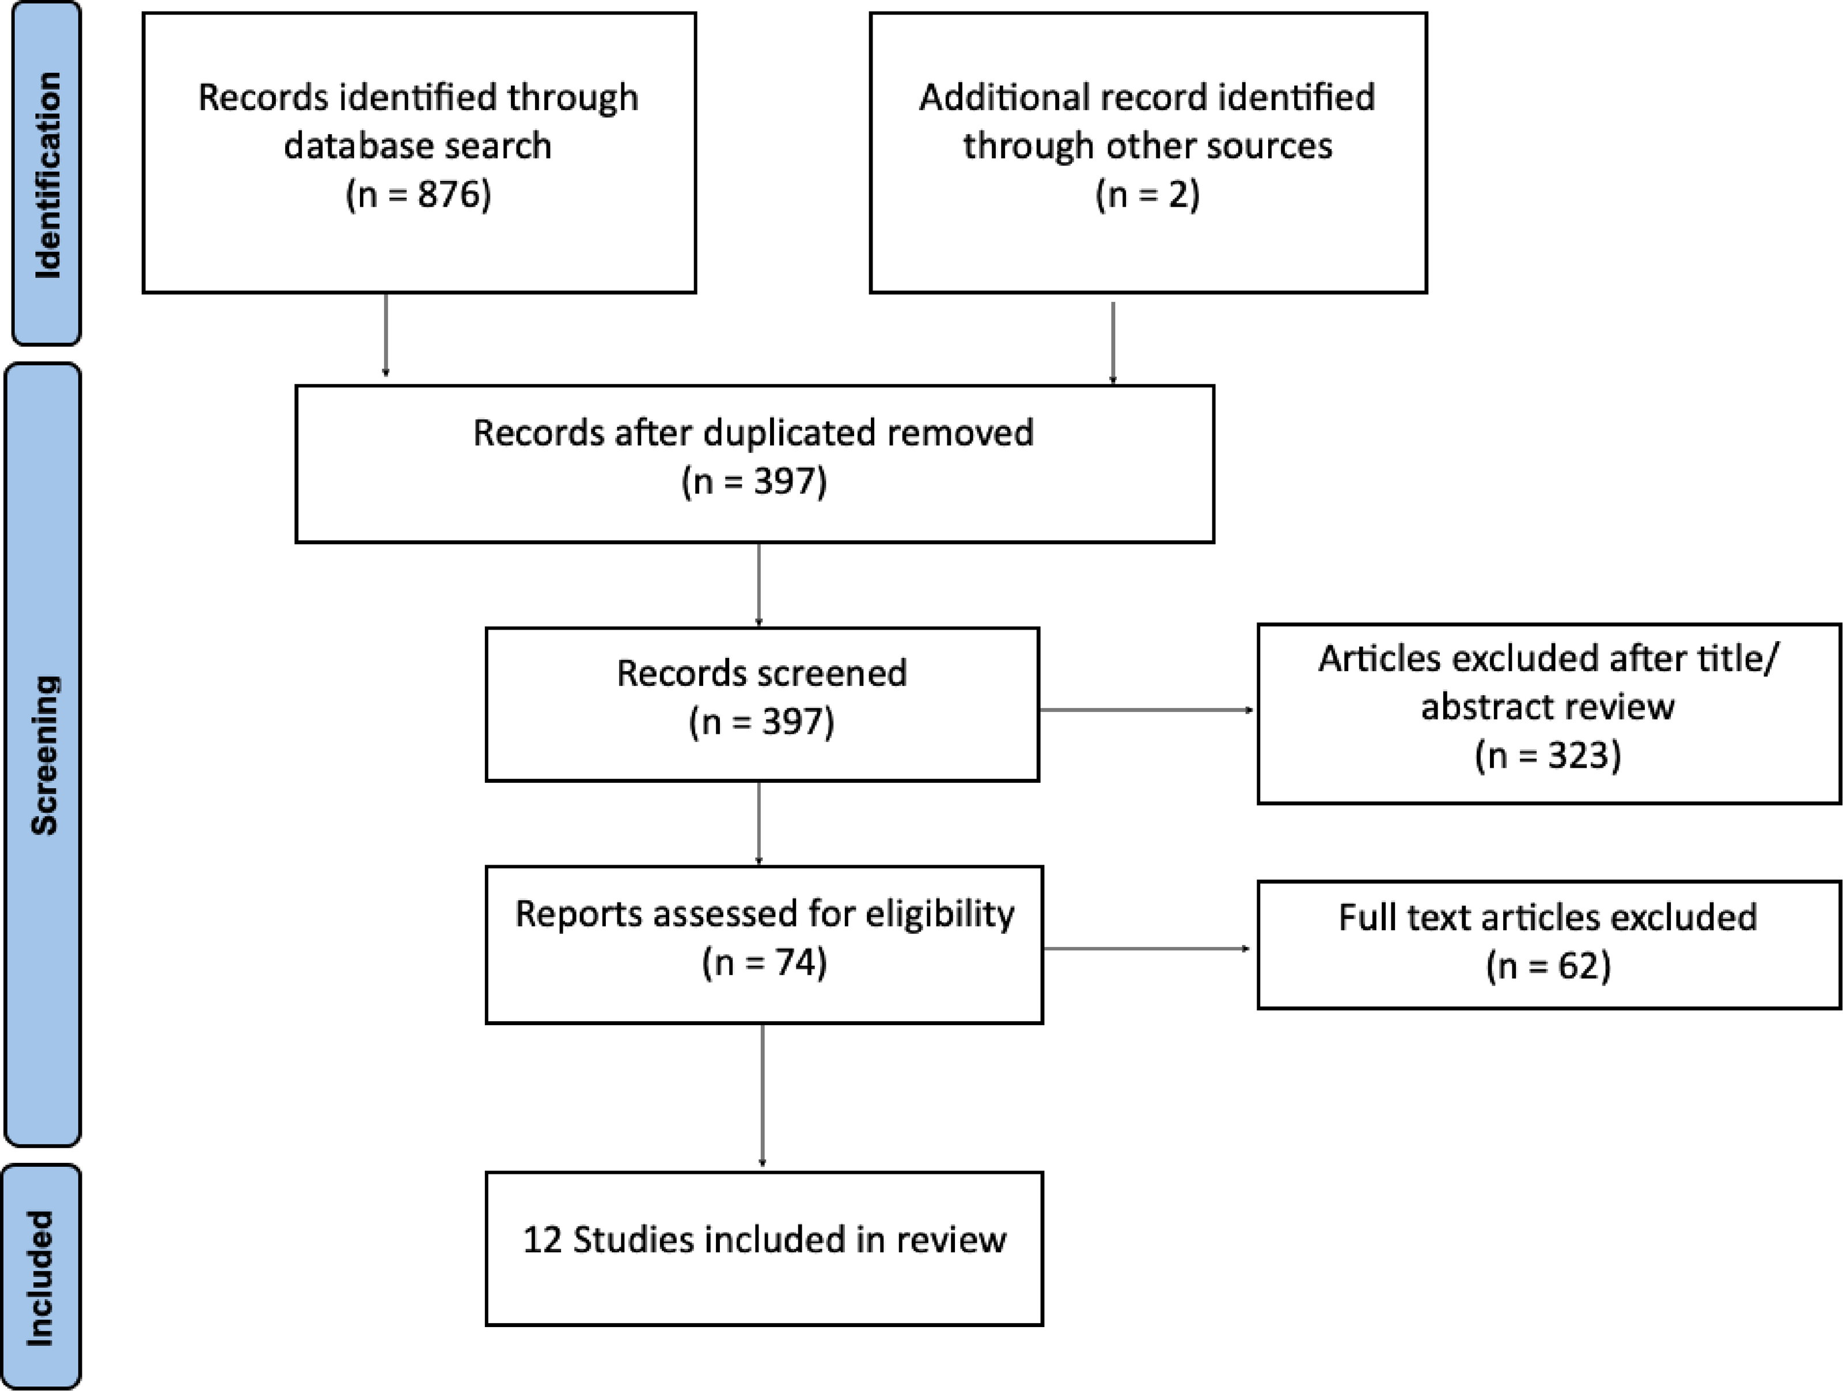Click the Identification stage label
click(47, 175)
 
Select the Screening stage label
click(44, 755)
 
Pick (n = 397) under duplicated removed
click(754, 482)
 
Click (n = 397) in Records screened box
click(761, 722)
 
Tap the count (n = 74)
click(764, 962)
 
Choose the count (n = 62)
click(1548, 967)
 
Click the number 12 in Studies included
click(543, 1240)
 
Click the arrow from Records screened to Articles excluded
click(1147, 710)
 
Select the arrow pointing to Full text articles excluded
click(1147, 949)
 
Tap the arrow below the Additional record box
click(1113, 343)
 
